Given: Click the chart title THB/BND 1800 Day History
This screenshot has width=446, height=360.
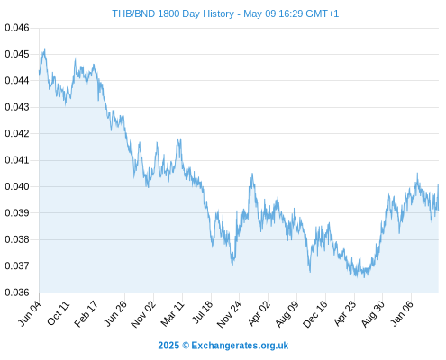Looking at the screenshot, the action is [x=173, y=13].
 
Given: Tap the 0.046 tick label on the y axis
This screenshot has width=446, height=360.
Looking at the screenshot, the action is [x=17, y=28].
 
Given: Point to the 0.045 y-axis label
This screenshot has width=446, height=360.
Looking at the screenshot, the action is [x=17, y=54].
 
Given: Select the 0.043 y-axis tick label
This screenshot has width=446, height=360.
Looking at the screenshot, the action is [x=17, y=107].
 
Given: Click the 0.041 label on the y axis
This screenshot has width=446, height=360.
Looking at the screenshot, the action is [x=17, y=160].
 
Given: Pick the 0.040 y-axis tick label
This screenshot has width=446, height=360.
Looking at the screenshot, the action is [x=17, y=186].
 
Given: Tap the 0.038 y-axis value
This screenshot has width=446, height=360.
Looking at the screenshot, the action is [x=17, y=239].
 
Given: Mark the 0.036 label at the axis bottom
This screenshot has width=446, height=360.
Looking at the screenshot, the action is [x=17, y=292].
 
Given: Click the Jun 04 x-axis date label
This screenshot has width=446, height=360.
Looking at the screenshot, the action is [x=30, y=313].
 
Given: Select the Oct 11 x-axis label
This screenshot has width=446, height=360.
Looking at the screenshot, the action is [x=59, y=313].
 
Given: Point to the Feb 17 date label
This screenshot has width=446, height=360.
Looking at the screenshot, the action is [x=86, y=313].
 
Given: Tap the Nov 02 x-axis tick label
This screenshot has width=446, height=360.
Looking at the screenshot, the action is [x=144, y=314].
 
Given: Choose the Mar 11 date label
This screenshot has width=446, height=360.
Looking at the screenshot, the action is [x=173, y=313].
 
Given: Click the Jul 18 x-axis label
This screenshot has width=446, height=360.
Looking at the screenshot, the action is [x=203, y=312].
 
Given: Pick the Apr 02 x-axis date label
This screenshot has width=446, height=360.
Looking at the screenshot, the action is [x=259, y=313].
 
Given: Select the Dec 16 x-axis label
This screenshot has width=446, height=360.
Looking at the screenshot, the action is [x=315, y=314].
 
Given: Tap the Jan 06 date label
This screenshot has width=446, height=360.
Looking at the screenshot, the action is [x=403, y=313].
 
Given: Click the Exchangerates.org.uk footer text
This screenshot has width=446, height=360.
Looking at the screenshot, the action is [x=240, y=346].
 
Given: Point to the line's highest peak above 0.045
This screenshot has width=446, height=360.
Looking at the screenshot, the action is [x=45, y=49].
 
